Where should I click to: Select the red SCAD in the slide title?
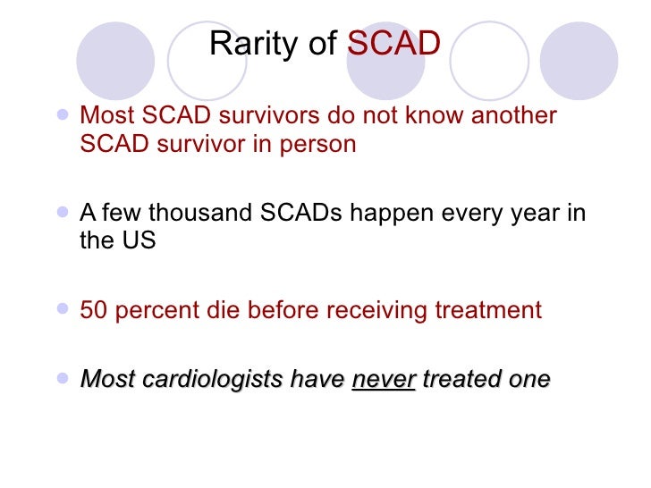coord(393,43)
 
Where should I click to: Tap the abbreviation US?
coord(138,241)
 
